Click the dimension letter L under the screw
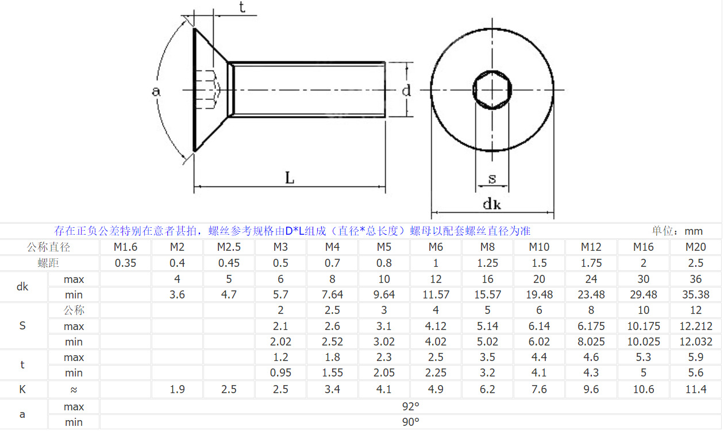pos(290,178)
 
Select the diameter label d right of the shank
pos(406,90)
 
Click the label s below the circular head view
pos(492,178)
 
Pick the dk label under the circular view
pos(492,204)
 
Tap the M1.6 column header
pos(126,247)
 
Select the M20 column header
pos(695,247)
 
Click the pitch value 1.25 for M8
pos(488,263)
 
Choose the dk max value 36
pos(695,279)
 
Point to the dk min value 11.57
pos(436,295)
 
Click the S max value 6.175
pos(591,327)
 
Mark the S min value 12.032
pos(695,342)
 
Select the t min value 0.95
pos(280,373)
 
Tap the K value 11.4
pos(695,390)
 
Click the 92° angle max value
pos(410,407)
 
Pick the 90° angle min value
pos(410,422)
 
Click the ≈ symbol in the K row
pos(74,390)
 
